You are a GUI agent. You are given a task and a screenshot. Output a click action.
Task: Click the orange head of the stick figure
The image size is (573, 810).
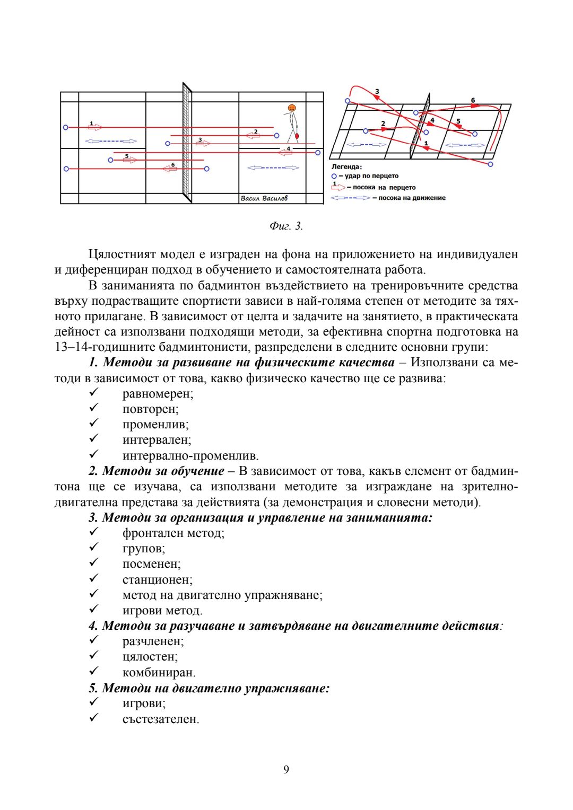pyautogui.click(x=291, y=108)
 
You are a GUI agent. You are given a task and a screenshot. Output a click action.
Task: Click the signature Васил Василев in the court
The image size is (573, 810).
pyautogui.click(x=264, y=198)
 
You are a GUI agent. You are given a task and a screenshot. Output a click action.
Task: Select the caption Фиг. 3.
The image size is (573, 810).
pyautogui.click(x=286, y=226)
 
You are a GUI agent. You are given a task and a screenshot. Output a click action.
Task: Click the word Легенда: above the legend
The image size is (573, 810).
pyautogui.click(x=346, y=167)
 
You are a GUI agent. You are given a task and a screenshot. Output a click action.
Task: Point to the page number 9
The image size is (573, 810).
pyautogui.click(x=286, y=769)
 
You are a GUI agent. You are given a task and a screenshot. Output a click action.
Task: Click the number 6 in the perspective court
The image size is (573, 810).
pyautogui.click(x=473, y=100)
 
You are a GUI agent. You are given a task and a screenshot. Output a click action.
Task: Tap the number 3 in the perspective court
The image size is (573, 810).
pyautogui.click(x=377, y=92)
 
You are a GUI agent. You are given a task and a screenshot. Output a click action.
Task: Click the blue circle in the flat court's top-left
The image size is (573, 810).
pyautogui.click(x=66, y=128)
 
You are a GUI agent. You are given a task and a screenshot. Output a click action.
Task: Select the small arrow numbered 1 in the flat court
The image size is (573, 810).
pyautogui.click(x=94, y=127)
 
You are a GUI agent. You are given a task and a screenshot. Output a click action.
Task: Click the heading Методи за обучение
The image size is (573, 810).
pyautogui.click(x=163, y=471)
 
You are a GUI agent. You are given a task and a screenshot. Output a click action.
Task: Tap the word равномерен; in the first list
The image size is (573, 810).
pyautogui.click(x=158, y=394)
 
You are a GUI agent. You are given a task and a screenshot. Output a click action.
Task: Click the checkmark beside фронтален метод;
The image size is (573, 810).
pyautogui.click(x=94, y=532)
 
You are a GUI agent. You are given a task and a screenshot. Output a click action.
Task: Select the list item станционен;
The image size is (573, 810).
pyautogui.click(x=157, y=579)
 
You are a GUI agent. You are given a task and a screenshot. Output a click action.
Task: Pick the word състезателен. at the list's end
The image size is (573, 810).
pyautogui.click(x=161, y=719)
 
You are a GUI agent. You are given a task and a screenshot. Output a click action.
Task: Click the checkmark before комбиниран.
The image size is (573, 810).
pyautogui.click(x=94, y=671)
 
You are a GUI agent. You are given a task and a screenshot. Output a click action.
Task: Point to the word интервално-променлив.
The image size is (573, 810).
pyautogui.click(x=190, y=456)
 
